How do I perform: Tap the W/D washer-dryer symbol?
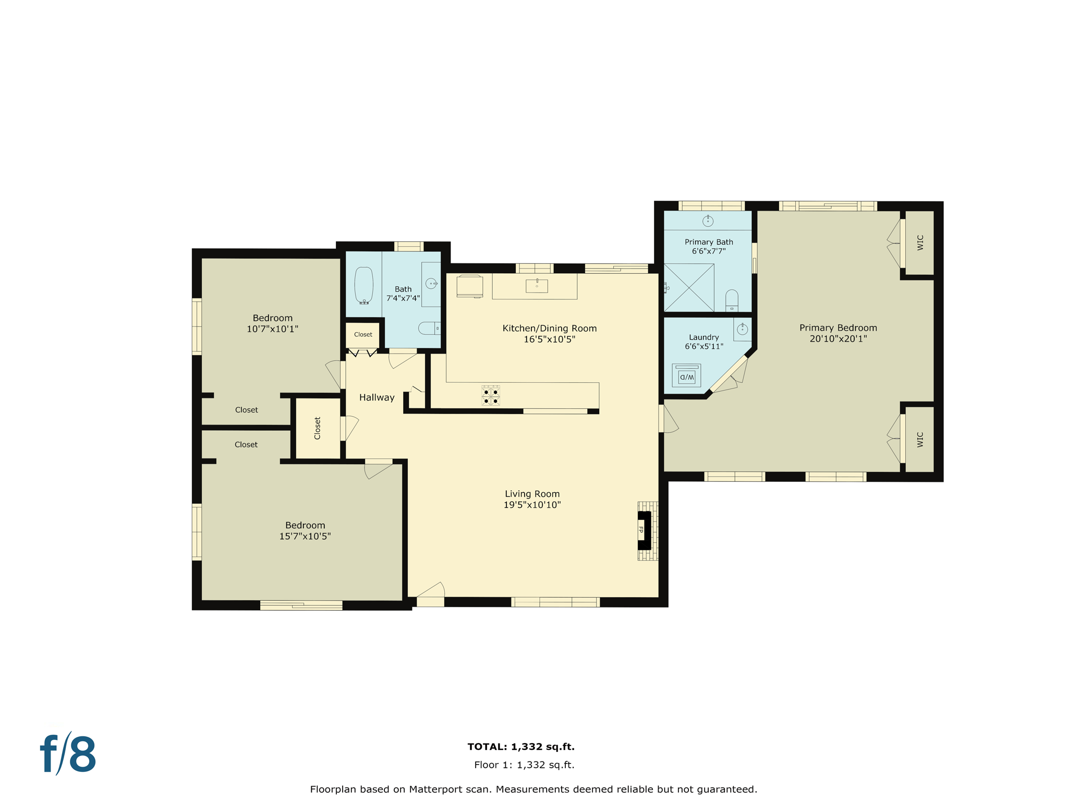pyautogui.click(x=686, y=376)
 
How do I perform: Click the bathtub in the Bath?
pyautogui.click(x=364, y=285)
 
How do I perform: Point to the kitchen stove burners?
pyautogui.click(x=491, y=395)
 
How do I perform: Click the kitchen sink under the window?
pyautogui.click(x=537, y=286)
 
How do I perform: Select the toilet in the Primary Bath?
pyautogui.click(x=732, y=300)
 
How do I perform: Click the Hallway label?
pyautogui.click(x=377, y=397)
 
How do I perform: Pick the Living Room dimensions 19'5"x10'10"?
pyautogui.click(x=532, y=505)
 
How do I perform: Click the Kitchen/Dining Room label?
pyautogui.click(x=549, y=328)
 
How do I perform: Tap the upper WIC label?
pyautogui.click(x=920, y=242)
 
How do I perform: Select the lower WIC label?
pyautogui.click(x=920, y=440)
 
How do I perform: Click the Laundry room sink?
pyautogui.click(x=743, y=330)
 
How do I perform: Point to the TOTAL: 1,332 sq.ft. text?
pyautogui.click(x=521, y=747)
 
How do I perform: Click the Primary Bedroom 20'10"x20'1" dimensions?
pyautogui.click(x=838, y=338)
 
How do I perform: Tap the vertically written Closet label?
pyautogui.click(x=318, y=428)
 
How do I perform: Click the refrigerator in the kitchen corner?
pyautogui.click(x=469, y=286)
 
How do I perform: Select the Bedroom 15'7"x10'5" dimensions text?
pyautogui.click(x=305, y=536)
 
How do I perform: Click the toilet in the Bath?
pyautogui.click(x=429, y=328)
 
